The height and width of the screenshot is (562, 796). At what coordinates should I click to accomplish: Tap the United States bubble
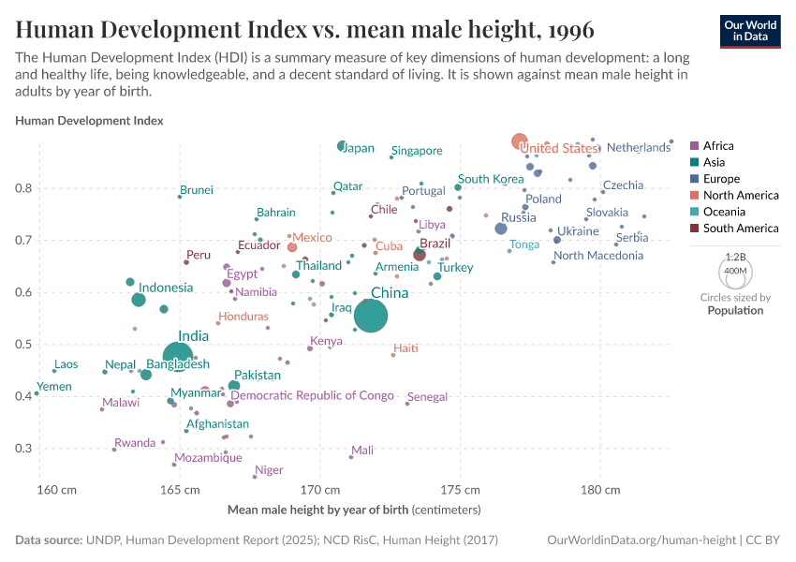click(520, 141)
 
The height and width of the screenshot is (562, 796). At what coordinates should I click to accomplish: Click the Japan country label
click(359, 148)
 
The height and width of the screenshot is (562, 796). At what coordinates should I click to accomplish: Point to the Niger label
click(269, 470)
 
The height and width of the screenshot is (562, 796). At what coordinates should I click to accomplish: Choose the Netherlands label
click(639, 148)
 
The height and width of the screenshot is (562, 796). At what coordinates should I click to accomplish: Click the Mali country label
click(362, 451)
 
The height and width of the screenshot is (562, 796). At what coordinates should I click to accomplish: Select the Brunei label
click(197, 190)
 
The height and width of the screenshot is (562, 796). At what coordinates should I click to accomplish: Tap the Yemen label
click(54, 387)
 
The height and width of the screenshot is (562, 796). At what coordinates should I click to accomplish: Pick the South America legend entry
click(740, 229)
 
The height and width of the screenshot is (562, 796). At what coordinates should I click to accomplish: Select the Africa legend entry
click(718, 146)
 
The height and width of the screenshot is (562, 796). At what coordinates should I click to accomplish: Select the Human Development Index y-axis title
click(90, 121)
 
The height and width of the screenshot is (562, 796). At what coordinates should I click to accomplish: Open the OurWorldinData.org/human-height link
click(641, 540)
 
